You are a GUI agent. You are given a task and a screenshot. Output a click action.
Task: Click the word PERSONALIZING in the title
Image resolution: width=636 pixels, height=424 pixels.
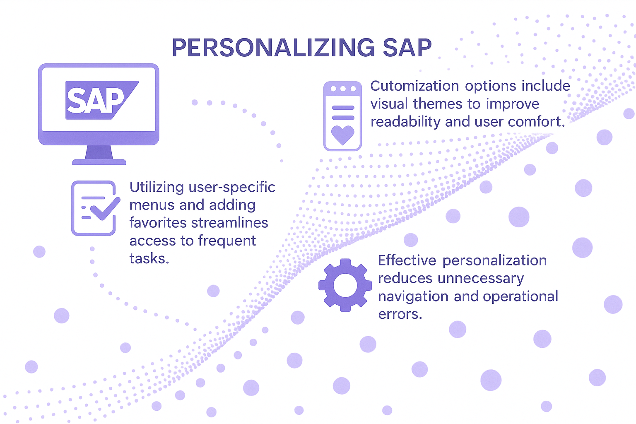(x=273, y=48)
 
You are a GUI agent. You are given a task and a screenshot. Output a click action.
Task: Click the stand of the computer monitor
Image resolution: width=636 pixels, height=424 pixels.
(x=99, y=155)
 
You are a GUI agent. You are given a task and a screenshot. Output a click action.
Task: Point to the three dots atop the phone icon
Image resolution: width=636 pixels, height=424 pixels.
(x=343, y=89)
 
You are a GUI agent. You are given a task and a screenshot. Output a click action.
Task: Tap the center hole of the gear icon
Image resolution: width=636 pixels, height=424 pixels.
(x=345, y=285)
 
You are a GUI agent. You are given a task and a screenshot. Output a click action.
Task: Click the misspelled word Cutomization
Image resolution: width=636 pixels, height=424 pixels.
(x=414, y=86)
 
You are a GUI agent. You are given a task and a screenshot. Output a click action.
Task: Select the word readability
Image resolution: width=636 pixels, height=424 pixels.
(x=405, y=122)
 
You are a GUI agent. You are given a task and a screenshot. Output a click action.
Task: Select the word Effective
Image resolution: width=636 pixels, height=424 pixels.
(x=407, y=260)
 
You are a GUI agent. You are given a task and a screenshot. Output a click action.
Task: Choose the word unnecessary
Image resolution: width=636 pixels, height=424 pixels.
(x=481, y=278)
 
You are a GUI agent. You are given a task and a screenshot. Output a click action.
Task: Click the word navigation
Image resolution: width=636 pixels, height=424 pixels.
(x=413, y=296)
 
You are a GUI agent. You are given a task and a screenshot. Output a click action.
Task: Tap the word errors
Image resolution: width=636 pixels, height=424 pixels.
(x=400, y=314)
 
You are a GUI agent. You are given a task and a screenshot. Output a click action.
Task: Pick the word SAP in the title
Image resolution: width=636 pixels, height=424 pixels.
(x=407, y=48)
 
